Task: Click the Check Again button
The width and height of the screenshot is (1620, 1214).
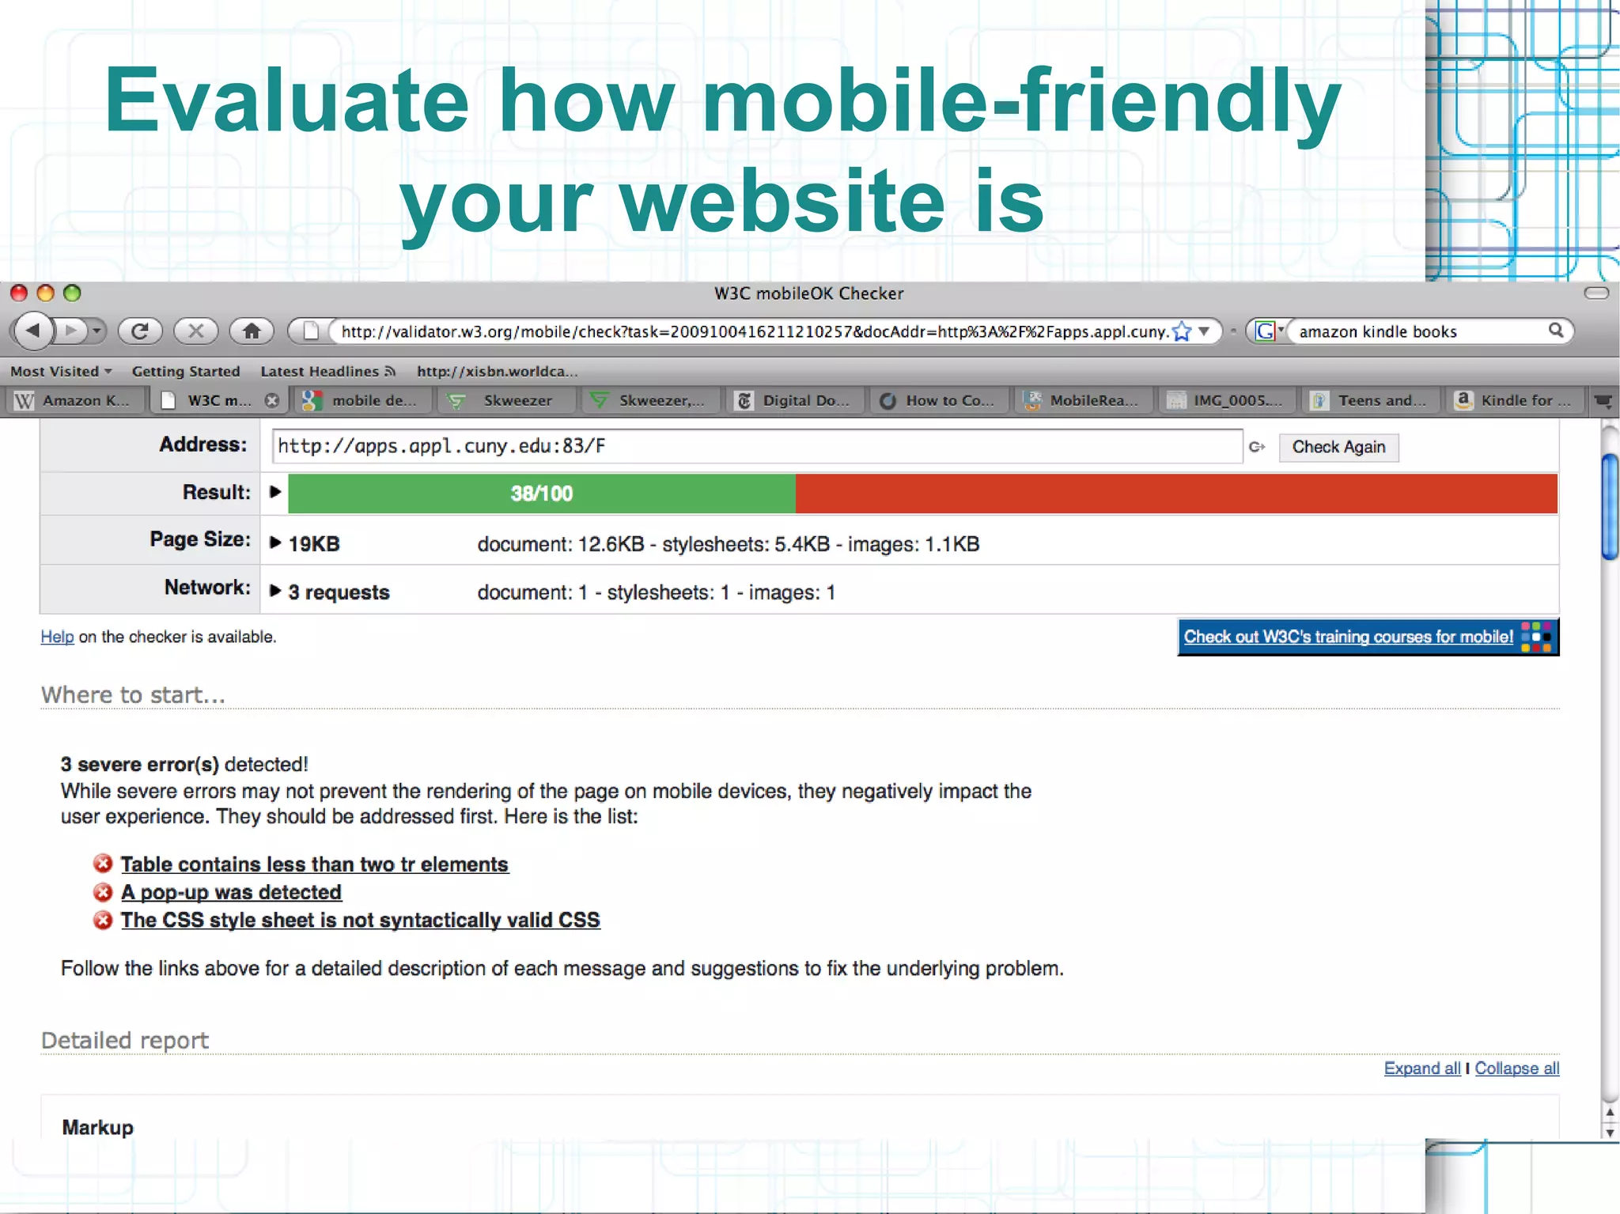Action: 1338,447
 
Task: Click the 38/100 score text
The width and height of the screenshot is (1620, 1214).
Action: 541,494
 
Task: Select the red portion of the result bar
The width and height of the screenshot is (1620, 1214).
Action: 1175,494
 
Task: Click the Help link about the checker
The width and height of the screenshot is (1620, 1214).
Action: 57,637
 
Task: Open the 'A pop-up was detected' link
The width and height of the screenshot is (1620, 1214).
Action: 231,892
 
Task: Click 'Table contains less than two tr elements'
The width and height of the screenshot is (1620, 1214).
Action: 314,864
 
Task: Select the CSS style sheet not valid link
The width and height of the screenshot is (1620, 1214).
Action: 360,920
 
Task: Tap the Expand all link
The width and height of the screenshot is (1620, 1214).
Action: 1421,1068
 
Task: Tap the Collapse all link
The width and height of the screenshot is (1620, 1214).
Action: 1516,1068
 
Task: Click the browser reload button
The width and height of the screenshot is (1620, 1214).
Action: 140,331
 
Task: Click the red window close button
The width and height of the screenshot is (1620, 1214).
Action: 19,293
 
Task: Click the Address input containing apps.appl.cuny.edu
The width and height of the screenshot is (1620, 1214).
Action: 755,446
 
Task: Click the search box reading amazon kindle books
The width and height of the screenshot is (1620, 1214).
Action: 1420,331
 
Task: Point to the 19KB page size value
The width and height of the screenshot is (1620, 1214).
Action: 314,544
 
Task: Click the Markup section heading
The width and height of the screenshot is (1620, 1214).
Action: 98,1127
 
